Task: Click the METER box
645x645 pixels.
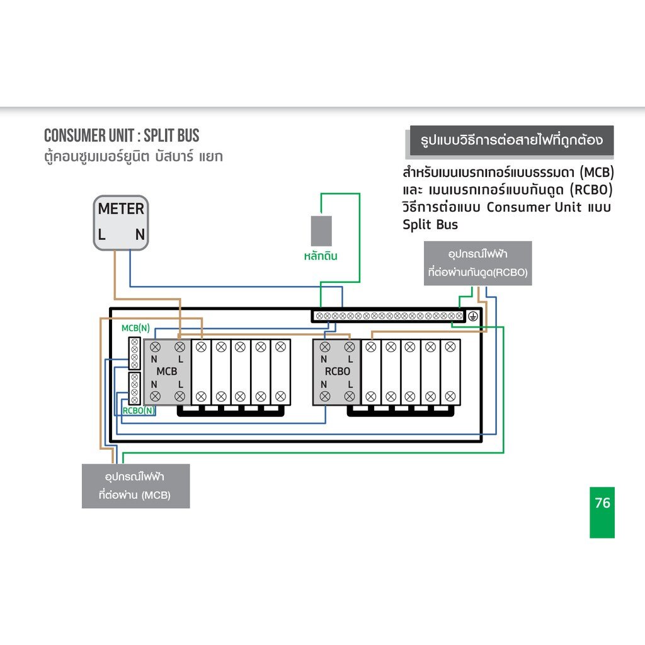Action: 121,222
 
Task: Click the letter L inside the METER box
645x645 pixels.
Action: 101,236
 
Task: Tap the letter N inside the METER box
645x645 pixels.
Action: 140,236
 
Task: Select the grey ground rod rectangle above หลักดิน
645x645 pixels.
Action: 321,231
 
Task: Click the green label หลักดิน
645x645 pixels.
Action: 319,256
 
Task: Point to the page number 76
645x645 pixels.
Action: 602,503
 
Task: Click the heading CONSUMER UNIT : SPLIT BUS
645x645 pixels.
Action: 122,135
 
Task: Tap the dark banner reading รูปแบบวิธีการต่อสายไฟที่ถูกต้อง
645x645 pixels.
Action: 510,140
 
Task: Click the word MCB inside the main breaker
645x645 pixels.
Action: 167,371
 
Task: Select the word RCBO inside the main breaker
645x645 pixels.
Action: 337,371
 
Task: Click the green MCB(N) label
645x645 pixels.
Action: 135,328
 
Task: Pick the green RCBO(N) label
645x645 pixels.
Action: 138,411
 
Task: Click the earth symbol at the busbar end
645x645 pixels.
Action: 474,316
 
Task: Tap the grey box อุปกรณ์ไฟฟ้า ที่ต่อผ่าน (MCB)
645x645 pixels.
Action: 135,486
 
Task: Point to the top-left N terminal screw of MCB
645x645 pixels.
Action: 155,346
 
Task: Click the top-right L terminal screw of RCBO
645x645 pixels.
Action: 349,346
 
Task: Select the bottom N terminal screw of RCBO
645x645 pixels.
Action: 325,396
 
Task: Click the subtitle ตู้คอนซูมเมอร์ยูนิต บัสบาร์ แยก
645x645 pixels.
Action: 133,156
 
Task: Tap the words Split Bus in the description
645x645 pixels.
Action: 430,224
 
